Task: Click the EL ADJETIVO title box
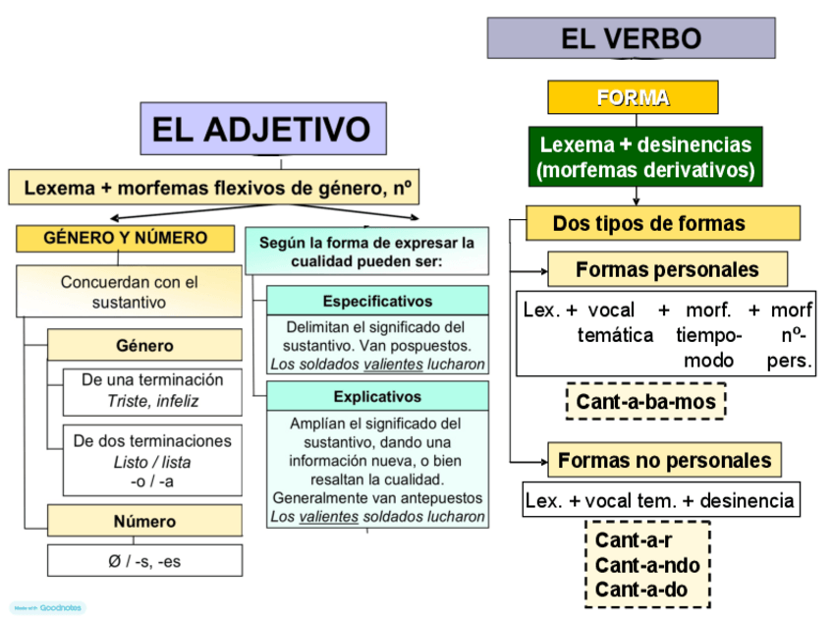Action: (x=261, y=130)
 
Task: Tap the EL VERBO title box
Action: (x=631, y=38)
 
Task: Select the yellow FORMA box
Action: (x=633, y=97)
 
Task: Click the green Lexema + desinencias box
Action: (x=644, y=156)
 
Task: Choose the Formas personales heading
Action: (x=667, y=269)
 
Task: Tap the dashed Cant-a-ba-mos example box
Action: (x=645, y=401)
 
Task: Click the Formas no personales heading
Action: (x=664, y=460)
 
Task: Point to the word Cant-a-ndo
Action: (x=647, y=565)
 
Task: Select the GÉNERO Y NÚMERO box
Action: (x=125, y=238)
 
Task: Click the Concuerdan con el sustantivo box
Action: (x=129, y=292)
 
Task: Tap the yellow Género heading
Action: (x=144, y=345)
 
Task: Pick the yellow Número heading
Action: (x=144, y=521)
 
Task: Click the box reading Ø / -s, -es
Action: (x=144, y=560)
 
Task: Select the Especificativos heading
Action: (x=377, y=301)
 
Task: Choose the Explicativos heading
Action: (x=377, y=397)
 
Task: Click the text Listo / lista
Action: (x=151, y=462)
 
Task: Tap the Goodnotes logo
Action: (x=48, y=608)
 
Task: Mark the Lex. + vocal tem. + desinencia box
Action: (x=660, y=500)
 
